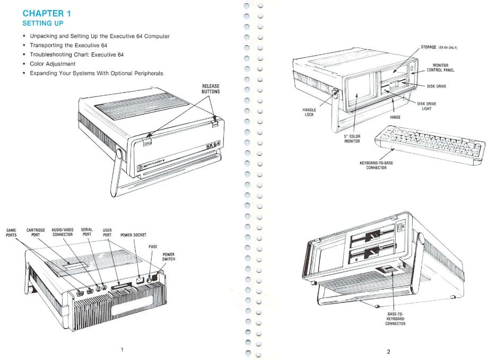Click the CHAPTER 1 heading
pos(47,13)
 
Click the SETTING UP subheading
pos(43,24)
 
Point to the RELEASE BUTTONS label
pos(211,89)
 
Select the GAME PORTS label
pos(11,232)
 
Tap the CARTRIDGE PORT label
pos(37,232)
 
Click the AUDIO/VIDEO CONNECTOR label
pos(63,232)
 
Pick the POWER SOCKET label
pos(133,234)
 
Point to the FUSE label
pos(152,247)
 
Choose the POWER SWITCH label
pos(169,257)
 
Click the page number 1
pos(123,349)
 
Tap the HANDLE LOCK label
pos(309,112)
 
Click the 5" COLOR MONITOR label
pos(352,138)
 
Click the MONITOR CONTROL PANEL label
pos(440,67)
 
